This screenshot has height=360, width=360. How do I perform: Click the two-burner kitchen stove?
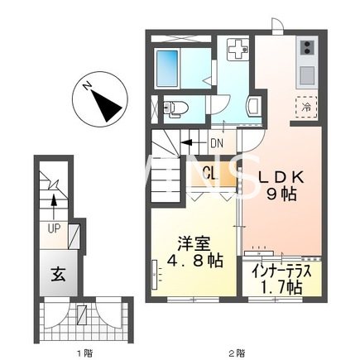coord(306,47)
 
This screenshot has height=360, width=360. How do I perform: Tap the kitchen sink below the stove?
coord(306,74)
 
